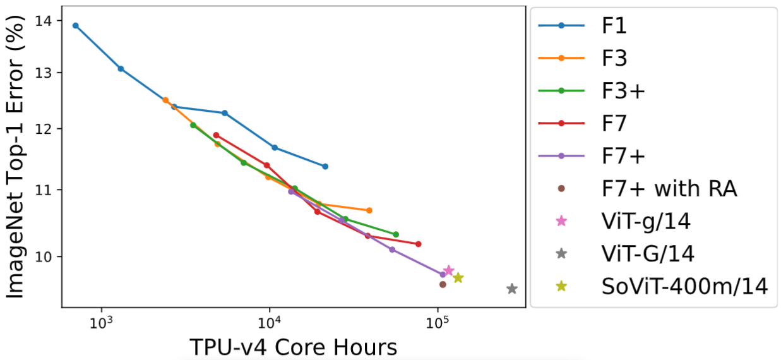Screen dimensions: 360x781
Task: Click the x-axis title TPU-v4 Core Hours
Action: tap(293, 347)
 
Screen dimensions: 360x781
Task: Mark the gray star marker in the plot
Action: tap(512, 289)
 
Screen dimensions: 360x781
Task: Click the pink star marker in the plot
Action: tap(449, 270)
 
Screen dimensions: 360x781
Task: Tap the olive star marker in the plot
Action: tap(458, 278)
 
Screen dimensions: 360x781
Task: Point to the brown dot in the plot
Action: tap(443, 284)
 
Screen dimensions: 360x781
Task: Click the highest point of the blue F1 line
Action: tap(76, 26)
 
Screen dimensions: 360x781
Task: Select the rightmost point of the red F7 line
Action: tap(419, 244)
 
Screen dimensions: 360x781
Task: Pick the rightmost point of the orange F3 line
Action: tap(369, 210)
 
